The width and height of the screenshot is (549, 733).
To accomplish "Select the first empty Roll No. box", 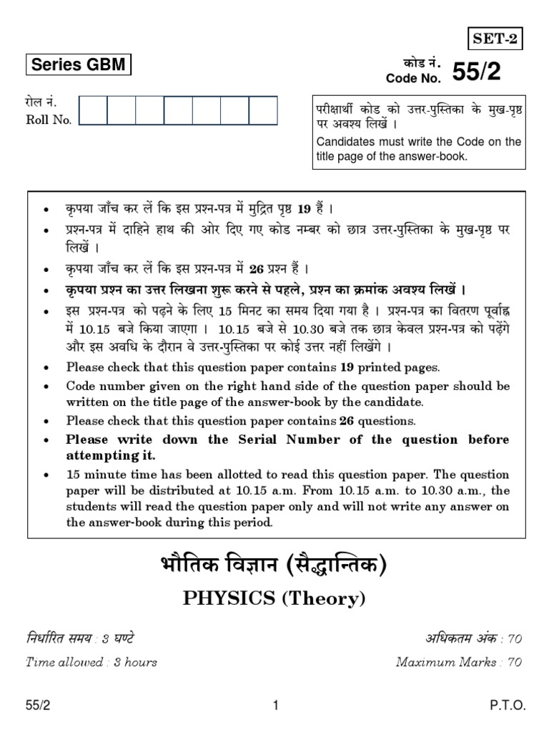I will point(93,111).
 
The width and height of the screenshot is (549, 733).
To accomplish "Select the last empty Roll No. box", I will point(262,111).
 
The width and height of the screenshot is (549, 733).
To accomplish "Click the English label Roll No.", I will point(49,120).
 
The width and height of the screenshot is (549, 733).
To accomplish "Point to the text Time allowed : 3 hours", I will point(91,662).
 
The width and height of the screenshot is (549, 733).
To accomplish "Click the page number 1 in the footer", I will point(275,706).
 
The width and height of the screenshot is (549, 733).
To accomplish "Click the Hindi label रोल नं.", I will point(40,103).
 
